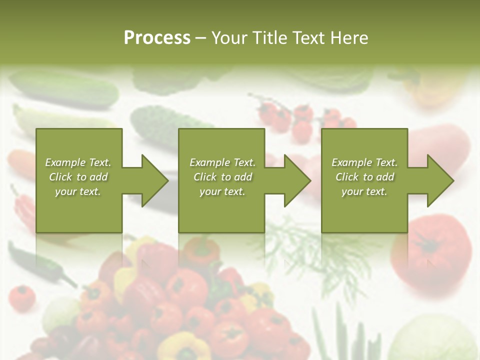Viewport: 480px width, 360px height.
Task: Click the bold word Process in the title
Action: click(x=157, y=38)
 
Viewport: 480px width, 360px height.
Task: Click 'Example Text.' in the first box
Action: click(x=78, y=162)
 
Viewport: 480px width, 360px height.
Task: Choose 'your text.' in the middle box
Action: click(x=222, y=191)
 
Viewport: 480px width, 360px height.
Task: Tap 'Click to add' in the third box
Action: click(x=364, y=177)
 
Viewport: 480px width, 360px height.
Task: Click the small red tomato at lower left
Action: click(x=22, y=297)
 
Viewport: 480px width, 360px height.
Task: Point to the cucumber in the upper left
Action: click(x=65, y=88)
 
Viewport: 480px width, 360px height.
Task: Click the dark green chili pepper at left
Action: click(x=40, y=260)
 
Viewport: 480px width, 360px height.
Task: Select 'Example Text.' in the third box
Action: click(x=364, y=162)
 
